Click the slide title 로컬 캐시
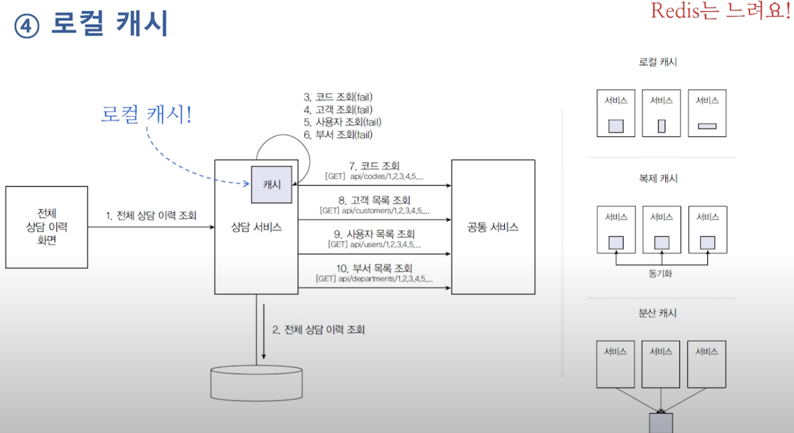(x=110, y=25)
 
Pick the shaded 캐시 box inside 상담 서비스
(x=272, y=185)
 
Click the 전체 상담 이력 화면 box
(x=46, y=227)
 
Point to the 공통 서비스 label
(x=493, y=227)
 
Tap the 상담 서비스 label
(x=256, y=227)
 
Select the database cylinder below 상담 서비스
(x=257, y=384)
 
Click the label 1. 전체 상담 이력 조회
(x=151, y=215)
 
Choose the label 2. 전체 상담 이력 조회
(x=319, y=330)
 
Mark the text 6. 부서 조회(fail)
(x=338, y=134)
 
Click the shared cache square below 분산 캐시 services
(x=660, y=423)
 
